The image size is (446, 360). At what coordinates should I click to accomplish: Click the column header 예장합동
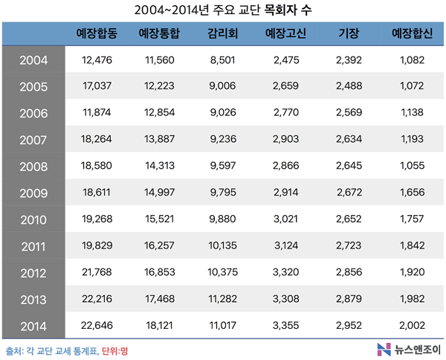[97, 34]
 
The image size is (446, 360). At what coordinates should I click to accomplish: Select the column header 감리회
[223, 34]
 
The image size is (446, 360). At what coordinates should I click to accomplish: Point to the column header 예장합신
[411, 34]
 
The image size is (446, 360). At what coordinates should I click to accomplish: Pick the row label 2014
[33, 326]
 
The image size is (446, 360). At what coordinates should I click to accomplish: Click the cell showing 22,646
[97, 326]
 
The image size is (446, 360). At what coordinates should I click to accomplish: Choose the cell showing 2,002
[411, 326]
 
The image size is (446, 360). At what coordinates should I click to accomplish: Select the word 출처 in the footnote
[13, 349]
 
